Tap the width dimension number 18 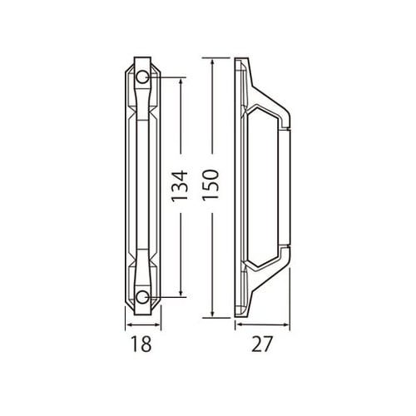(142, 343)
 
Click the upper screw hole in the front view (142, 77)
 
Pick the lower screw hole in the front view (142, 297)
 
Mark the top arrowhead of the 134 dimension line (180, 82)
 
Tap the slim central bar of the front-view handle (142, 187)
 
